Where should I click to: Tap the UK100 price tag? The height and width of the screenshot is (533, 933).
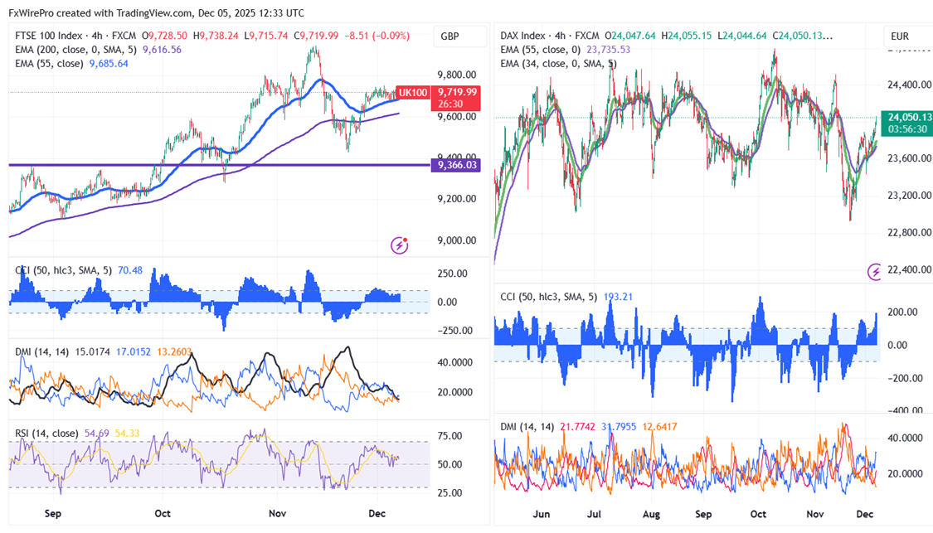click(412, 92)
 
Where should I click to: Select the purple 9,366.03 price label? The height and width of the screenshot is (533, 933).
click(454, 166)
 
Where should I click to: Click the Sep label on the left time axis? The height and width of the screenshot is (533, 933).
click(52, 513)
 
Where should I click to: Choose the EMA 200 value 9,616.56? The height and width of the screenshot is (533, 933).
click(163, 50)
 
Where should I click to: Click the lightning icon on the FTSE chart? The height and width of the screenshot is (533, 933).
click(401, 245)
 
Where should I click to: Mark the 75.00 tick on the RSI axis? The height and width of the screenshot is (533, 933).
click(450, 436)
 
